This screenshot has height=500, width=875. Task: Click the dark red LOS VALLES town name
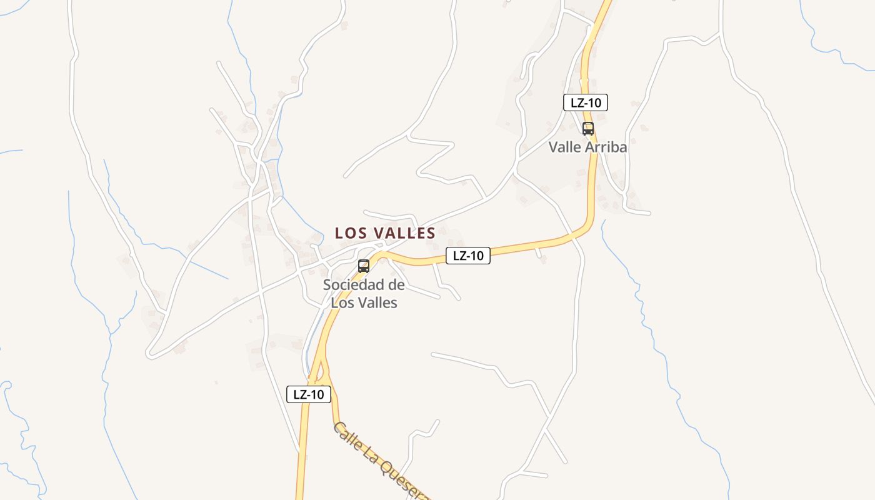point(385,233)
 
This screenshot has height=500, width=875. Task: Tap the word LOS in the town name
point(349,233)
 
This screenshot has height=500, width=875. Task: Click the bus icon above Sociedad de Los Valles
point(364,266)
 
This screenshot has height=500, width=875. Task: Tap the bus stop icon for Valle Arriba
point(588,129)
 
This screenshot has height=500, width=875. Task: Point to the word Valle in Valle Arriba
point(565,147)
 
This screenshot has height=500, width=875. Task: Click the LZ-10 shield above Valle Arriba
point(586,102)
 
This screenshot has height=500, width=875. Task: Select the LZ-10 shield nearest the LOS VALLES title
point(468,255)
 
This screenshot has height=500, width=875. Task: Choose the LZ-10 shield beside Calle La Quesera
point(309,394)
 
